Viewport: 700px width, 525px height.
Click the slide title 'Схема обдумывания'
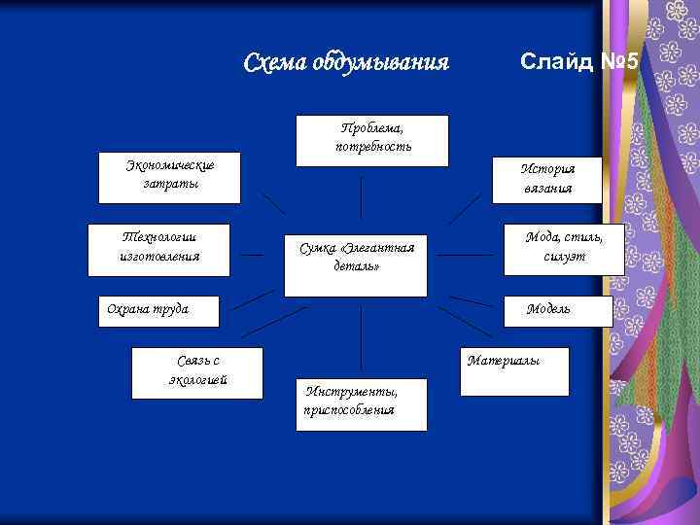click(346, 64)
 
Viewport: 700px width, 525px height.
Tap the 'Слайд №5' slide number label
click(579, 63)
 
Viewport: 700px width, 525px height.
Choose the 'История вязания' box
click(547, 180)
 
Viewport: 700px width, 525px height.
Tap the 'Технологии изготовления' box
click(159, 249)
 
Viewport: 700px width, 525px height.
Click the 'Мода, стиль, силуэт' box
click(564, 248)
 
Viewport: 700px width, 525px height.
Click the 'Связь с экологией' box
click(198, 371)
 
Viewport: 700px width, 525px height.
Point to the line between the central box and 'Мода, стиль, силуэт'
click(465, 257)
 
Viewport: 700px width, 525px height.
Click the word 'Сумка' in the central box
click(317, 249)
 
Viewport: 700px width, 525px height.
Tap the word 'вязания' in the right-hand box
click(548, 190)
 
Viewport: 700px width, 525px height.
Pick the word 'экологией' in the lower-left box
click(198, 380)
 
